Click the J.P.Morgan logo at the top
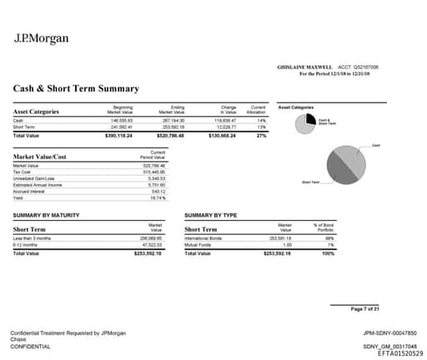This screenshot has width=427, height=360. [42, 37]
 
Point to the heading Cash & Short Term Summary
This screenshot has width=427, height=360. [76, 88]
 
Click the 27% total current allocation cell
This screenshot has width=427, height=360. [261, 134]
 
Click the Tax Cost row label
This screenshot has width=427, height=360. [23, 171]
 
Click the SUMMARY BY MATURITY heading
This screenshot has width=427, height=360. [47, 215]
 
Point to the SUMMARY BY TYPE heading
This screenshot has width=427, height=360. [211, 215]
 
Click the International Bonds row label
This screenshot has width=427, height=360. [205, 237]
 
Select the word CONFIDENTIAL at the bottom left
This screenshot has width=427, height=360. [30, 346]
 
